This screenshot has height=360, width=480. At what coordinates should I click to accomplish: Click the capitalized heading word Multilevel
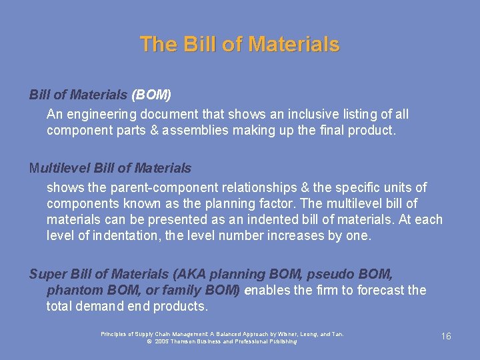point(59,168)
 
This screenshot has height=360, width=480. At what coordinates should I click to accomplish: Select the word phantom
point(71,290)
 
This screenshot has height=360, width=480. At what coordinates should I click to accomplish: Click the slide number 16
point(446,336)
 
